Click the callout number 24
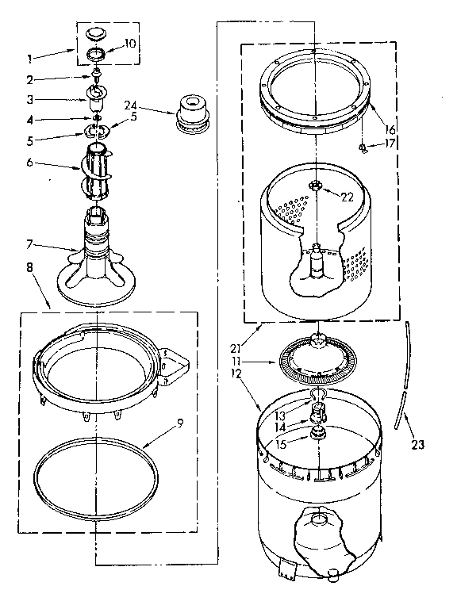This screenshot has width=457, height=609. (x=131, y=103)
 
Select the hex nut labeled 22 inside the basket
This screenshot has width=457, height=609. (x=316, y=187)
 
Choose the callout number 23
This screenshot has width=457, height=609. (x=417, y=445)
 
